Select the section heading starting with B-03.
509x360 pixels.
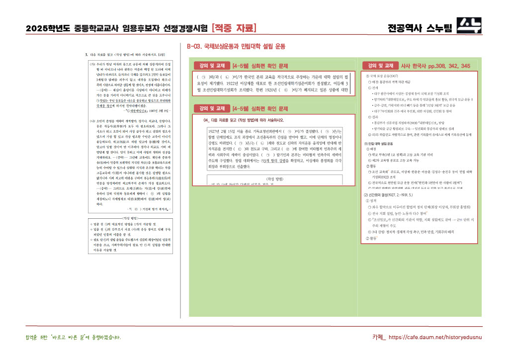(236, 46)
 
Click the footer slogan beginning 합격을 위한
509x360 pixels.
(73, 338)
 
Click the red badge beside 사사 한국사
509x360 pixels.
(381, 66)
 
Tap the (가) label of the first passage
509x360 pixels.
(92, 64)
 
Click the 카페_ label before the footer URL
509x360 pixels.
(378, 338)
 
